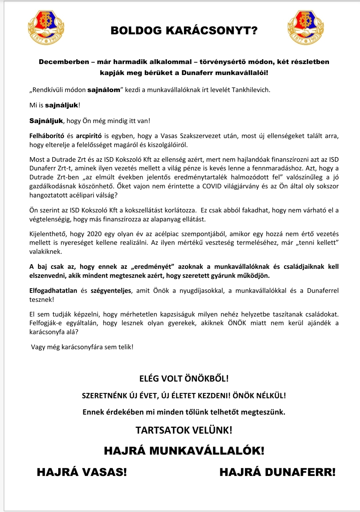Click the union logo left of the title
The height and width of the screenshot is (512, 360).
(x=46, y=28)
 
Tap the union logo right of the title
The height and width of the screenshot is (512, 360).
(x=305, y=28)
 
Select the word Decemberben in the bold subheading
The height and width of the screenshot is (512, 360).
(x=64, y=62)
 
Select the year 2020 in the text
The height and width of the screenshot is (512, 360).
(x=94, y=234)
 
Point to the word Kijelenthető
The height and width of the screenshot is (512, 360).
(x=48, y=234)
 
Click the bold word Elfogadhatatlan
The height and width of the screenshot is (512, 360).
(x=53, y=291)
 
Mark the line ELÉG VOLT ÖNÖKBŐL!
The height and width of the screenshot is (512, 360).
(x=184, y=379)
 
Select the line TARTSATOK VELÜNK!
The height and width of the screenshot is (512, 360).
(x=184, y=430)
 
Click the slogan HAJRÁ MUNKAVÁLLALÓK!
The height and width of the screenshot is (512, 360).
(x=184, y=451)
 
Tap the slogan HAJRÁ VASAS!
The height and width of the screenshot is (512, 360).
(x=82, y=472)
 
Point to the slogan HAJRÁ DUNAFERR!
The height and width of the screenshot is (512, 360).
(x=277, y=472)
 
